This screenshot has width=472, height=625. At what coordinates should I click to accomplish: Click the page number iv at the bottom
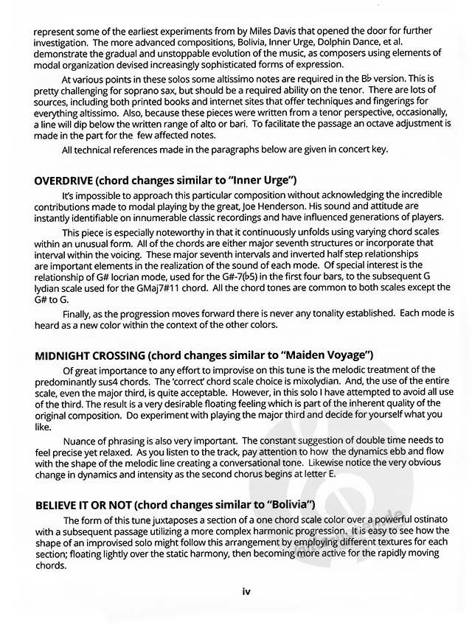point(246,590)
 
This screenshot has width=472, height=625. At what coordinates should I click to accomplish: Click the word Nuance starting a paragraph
point(80,439)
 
